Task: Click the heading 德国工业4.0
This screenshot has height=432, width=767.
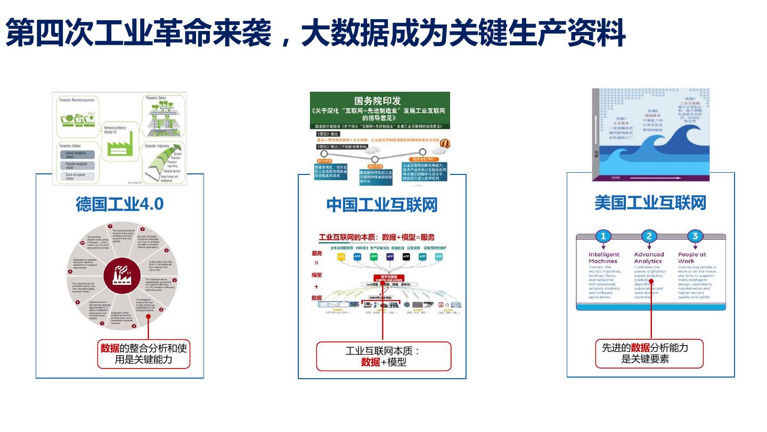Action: [119, 204]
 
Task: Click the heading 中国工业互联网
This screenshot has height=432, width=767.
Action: [381, 205]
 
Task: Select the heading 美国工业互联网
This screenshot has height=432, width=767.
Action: [650, 203]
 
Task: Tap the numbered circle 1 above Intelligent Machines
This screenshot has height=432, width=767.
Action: [602, 236]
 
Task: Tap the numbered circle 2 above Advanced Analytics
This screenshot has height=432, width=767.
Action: [648, 236]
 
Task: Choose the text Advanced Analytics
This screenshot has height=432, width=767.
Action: [648, 258]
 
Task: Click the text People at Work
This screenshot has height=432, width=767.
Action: [692, 258]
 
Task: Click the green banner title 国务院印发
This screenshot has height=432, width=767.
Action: [377, 100]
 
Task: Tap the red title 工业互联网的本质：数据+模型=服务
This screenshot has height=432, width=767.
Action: [376, 237]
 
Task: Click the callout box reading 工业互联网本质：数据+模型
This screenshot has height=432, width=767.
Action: [383, 356]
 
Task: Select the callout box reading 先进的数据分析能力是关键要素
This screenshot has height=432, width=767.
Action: [649, 353]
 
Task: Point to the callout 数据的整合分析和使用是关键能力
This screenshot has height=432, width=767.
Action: [143, 354]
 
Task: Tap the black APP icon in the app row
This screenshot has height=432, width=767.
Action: [406, 257]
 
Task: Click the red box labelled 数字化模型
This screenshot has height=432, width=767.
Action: [382, 277]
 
